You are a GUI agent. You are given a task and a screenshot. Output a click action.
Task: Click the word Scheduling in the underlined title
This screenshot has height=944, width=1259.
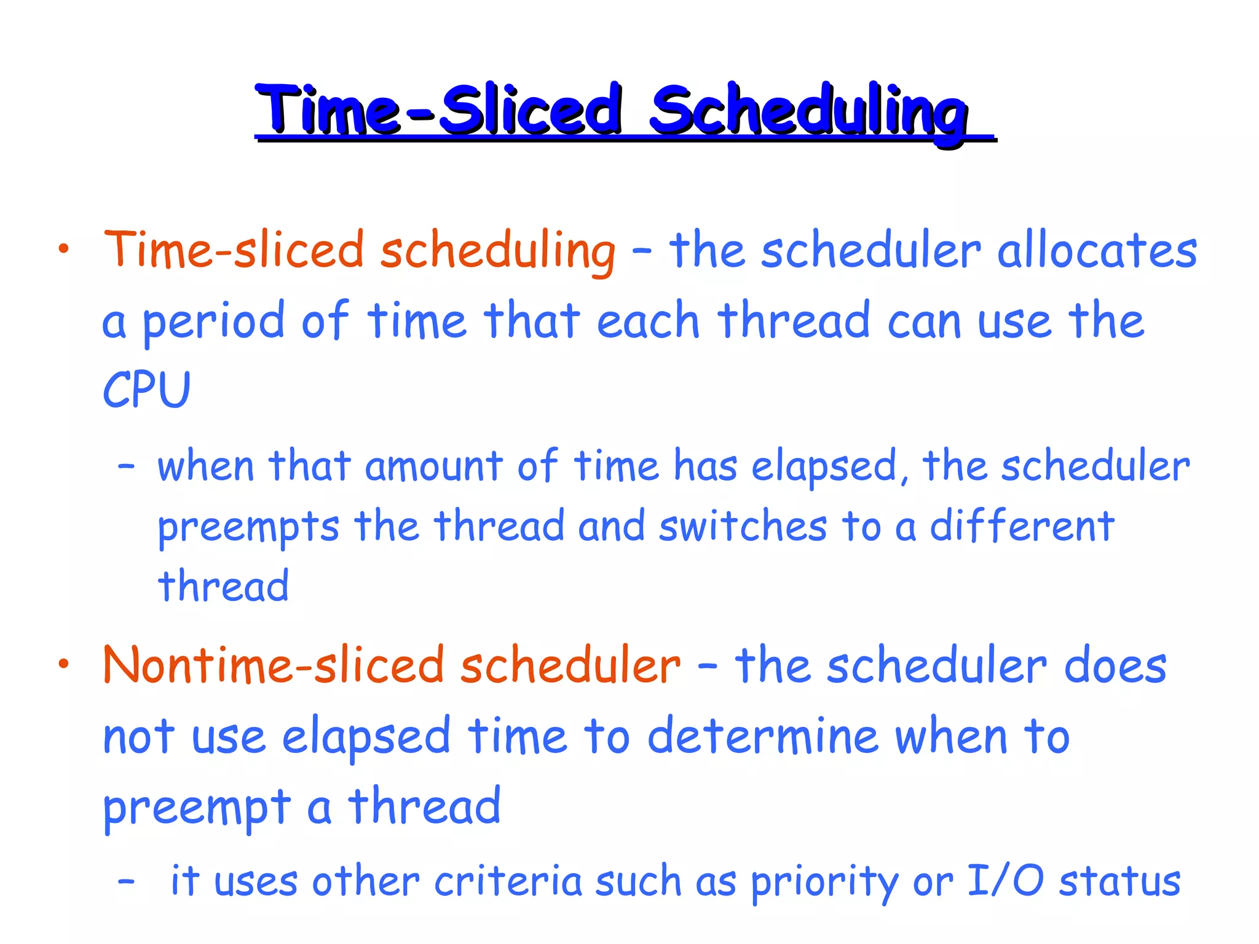pyautogui.click(x=808, y=111)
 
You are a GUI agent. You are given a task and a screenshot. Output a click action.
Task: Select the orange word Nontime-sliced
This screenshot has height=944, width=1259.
pyautogui.click(x=273, y=666)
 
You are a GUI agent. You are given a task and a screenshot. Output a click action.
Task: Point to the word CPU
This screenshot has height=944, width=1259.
pyautogui.click(x=146, y=390)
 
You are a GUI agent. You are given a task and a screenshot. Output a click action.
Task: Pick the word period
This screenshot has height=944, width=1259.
pyautogui.click(x=213, y=322)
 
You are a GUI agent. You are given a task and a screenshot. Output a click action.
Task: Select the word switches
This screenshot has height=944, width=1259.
pyautogui.click(x=743, y=527)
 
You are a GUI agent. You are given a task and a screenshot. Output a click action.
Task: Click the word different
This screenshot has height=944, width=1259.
pyautogui.click(x=1022, y=527)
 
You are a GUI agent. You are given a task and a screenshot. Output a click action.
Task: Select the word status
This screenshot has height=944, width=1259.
pyautogui.click(x=1119, y=881)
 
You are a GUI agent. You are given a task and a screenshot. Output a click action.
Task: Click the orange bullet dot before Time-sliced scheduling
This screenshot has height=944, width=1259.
pyautogui.click(x=63, y=249)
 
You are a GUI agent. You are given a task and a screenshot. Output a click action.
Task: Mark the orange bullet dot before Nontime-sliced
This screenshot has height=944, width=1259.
pyautogui.click(x=63, y=664)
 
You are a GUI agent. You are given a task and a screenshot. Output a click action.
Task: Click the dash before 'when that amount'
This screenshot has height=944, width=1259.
pyautogui.click(x=126, y=467)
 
